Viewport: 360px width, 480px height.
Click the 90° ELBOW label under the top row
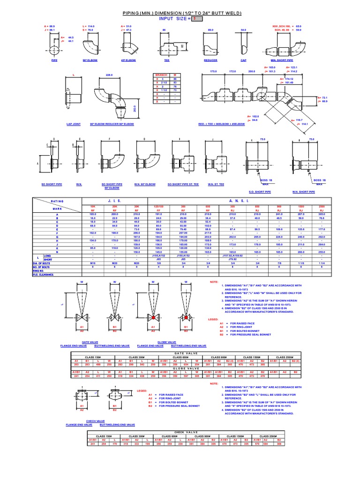tap(90, 60)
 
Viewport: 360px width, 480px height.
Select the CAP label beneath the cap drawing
tap(243, 60)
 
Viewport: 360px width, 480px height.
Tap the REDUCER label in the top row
tap(210, 60)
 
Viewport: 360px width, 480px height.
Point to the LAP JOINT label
tap(74, 124)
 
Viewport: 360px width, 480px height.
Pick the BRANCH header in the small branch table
tap(160, 75)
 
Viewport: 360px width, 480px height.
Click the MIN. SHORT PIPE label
tap(282, 60)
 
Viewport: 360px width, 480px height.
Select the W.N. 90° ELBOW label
tap(144, 184)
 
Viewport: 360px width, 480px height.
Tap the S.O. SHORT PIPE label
tap(258, 191)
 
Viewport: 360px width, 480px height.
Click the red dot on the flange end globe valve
tap(153, 318)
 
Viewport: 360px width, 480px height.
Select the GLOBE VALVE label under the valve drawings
tap(166, 343)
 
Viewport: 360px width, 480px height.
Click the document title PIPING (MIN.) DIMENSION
tap(182, 13)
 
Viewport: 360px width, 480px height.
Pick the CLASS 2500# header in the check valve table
tap(269, 435)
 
